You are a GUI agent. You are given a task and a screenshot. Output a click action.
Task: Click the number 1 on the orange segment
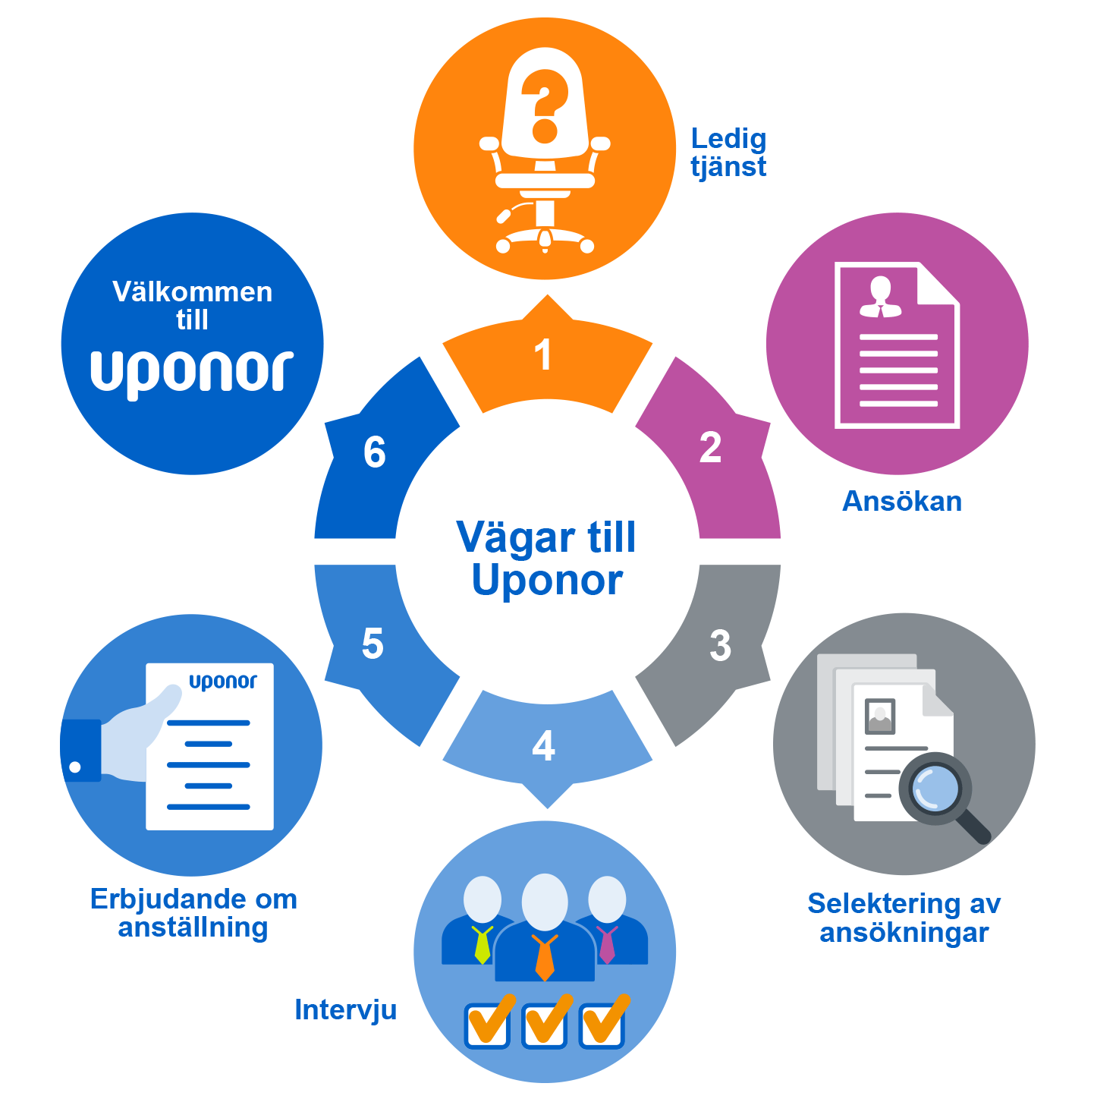coord(542,355)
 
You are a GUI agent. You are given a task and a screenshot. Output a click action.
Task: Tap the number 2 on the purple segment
coord(710,448)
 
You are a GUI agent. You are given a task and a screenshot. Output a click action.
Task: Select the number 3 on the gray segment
coord(720,645)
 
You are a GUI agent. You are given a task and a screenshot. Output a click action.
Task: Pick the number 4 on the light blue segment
coord(544,746)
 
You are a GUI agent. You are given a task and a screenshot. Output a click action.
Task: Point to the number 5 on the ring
coord(373,644)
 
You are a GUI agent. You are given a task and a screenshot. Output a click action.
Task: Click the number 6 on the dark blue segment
coord(374,452)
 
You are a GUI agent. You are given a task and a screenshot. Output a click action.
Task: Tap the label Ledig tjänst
coord(728,153)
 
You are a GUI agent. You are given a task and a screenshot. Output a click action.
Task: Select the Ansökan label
coord(902,502)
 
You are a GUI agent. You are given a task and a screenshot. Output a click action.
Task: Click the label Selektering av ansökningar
coord(904,918)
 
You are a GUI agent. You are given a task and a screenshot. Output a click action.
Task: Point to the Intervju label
coord(345,1010)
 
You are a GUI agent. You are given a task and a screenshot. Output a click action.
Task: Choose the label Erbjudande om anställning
coord(193,913)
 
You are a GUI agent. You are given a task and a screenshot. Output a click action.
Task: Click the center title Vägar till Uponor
coord(547,559)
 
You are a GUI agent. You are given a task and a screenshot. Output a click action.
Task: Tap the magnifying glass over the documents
coord(939,793)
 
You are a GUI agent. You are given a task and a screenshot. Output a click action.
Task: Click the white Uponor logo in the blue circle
coord(192,372)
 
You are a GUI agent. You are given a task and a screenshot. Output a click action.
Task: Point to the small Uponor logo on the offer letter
coord(223,682)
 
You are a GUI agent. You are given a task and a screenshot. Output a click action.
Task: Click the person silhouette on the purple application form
coord(880,297)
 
